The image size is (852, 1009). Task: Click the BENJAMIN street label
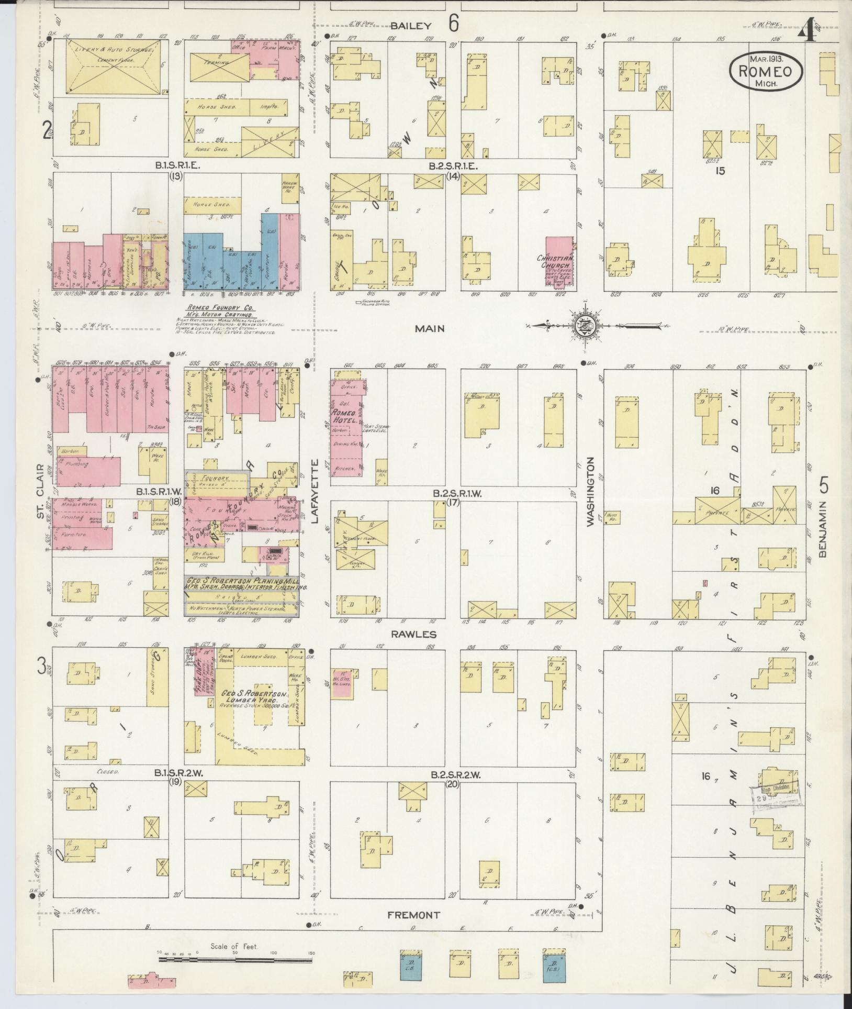821,528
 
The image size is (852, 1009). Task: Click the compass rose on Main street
584,325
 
